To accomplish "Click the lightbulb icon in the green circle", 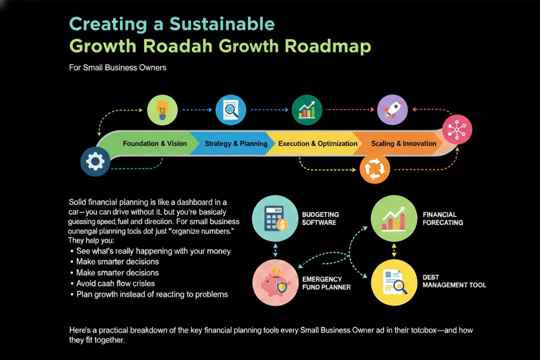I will [162, 109].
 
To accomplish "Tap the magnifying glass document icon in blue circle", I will [231, 109].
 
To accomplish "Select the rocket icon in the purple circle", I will [392, 109].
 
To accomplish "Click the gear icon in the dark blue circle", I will [95, 161].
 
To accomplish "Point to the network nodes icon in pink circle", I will [457, 130].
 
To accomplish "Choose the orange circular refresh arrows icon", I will [373, 170].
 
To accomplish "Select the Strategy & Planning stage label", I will [236, 144].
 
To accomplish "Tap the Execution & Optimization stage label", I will [318, 144].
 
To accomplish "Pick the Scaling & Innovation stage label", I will [404, 144].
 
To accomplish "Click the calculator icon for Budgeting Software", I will [274, 219].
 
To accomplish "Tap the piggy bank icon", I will [274, 283].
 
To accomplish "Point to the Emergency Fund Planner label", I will [326, 283].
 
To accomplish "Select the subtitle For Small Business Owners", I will [118, 68].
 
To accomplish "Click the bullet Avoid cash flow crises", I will [115, 283].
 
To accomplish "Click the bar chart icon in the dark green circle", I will [307, 109].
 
